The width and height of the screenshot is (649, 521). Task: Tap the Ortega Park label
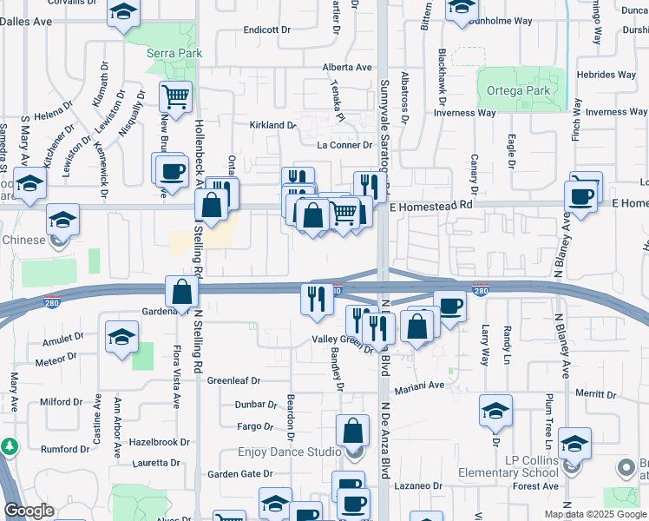click(519, 90)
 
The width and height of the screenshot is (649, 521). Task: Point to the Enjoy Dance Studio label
click(290, 452)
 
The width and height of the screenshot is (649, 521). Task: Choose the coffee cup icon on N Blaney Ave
click(580, 195)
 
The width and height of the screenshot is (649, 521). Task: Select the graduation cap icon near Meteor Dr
click(121, 337)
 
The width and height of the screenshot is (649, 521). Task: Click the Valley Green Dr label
click(342, 340)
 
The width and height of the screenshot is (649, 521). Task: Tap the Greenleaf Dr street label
click(233, 380)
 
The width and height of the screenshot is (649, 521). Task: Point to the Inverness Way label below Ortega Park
click(465, 113)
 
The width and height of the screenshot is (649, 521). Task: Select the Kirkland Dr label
click(272, 125)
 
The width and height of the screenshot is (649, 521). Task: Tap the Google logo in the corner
click(29, 511)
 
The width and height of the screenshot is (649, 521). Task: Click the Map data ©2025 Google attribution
click(595, 514)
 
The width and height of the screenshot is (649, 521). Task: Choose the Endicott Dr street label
click(265, 30)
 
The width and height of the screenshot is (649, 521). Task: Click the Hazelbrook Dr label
click(159, 442)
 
